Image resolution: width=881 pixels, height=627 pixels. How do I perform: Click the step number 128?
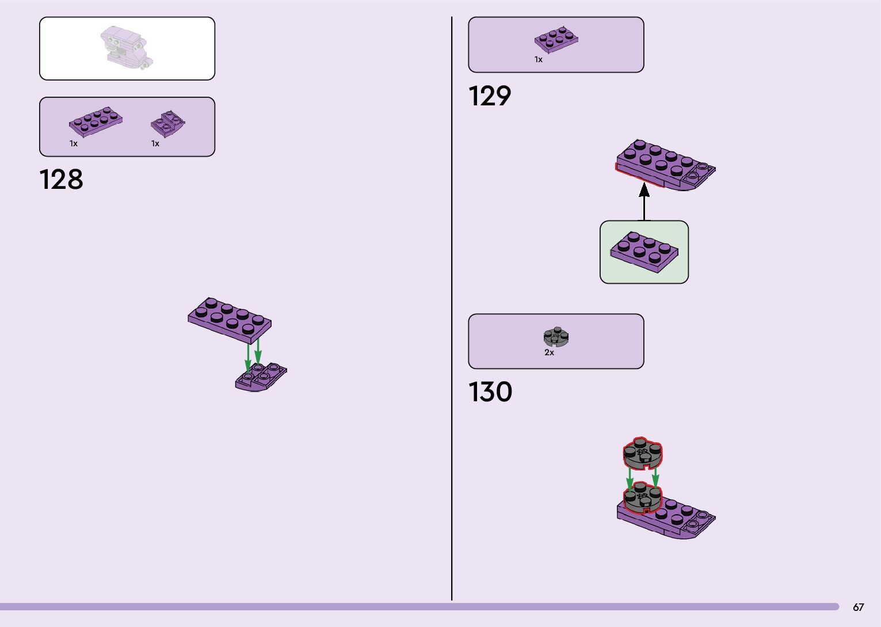click(x=62, y=180)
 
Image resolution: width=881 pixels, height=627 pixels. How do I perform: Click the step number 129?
click(x=489, y=96)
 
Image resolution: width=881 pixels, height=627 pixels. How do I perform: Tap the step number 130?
click(x=490, y=392)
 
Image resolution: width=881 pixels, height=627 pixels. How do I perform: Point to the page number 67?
click(x=858, y=607)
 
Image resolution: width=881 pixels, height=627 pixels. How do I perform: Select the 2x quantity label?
click(x=549, y=352)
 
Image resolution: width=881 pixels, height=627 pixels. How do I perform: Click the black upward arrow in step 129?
click(x=644, y=201)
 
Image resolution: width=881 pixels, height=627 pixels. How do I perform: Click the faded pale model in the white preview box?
click(x=127, y=47)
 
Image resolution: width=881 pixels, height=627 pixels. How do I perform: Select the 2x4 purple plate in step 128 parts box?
click(x=96, y=121)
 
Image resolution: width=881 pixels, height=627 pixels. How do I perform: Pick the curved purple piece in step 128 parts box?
click(x=167, y=124)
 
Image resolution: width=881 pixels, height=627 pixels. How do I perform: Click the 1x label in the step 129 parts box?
click(x=538, y=59)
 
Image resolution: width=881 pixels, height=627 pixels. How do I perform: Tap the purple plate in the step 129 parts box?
click(x=556, y=40)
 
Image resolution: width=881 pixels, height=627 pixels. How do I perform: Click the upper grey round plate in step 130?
click(x=643, y=453)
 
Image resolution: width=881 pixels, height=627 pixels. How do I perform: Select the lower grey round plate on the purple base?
click(x=643, y=499)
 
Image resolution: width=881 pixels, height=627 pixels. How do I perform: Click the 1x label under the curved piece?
click(x=155, y=143)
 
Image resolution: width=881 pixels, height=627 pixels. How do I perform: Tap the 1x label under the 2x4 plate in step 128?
click(x=73, y=143)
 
